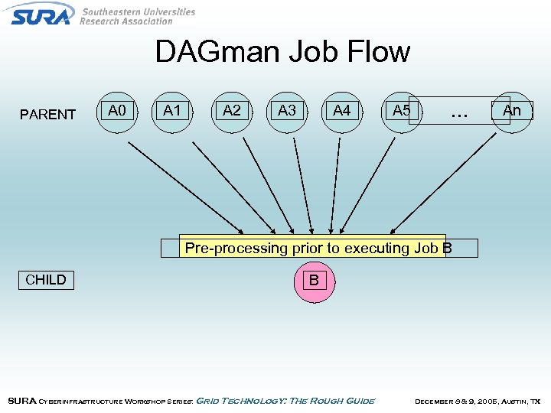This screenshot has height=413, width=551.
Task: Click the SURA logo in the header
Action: click(x=42, y=14)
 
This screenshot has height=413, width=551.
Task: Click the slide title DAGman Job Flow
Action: click(x=282, y=52)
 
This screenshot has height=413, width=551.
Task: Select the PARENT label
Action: click(x=47, y=115)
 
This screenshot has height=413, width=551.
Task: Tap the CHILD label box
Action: click(x=46, y=279)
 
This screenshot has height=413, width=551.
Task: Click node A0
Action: click(x=117, y=111)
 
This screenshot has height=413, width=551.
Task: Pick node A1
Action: click(x=172, y=111)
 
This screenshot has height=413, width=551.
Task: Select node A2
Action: click(x=231, y=111)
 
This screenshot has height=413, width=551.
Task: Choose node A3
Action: click(x=287, y=111)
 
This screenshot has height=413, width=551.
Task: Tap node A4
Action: click(x=342, y=111)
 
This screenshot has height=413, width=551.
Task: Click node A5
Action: click(x=401, y=111)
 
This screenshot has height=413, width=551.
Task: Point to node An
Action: click(x=512, y=111)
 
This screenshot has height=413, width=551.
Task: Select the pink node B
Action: click(x=314, y=280)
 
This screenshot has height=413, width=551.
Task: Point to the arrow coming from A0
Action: click(x=184, y=187)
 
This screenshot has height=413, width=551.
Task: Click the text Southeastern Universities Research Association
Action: click(x=138, y=16)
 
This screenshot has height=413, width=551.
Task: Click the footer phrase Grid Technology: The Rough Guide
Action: click(x=286, y=401)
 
